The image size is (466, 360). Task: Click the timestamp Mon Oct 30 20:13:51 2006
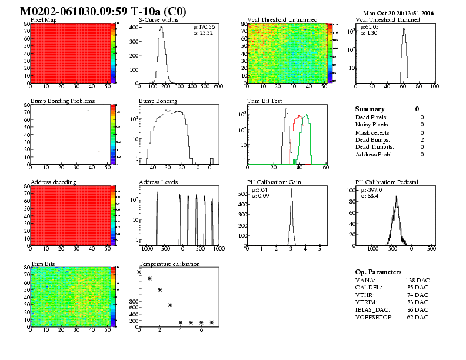398,12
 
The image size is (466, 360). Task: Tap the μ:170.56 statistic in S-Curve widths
204,27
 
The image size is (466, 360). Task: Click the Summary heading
370,109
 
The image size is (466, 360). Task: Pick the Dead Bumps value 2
422,139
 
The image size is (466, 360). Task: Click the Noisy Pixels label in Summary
372,124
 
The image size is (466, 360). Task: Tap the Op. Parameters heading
378,272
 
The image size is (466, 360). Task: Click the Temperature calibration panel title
169,264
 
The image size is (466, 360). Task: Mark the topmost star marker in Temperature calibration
139,272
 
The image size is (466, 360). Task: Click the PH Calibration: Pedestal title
387,182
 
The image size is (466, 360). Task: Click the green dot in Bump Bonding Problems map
88,111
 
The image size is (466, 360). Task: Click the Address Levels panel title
159,182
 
